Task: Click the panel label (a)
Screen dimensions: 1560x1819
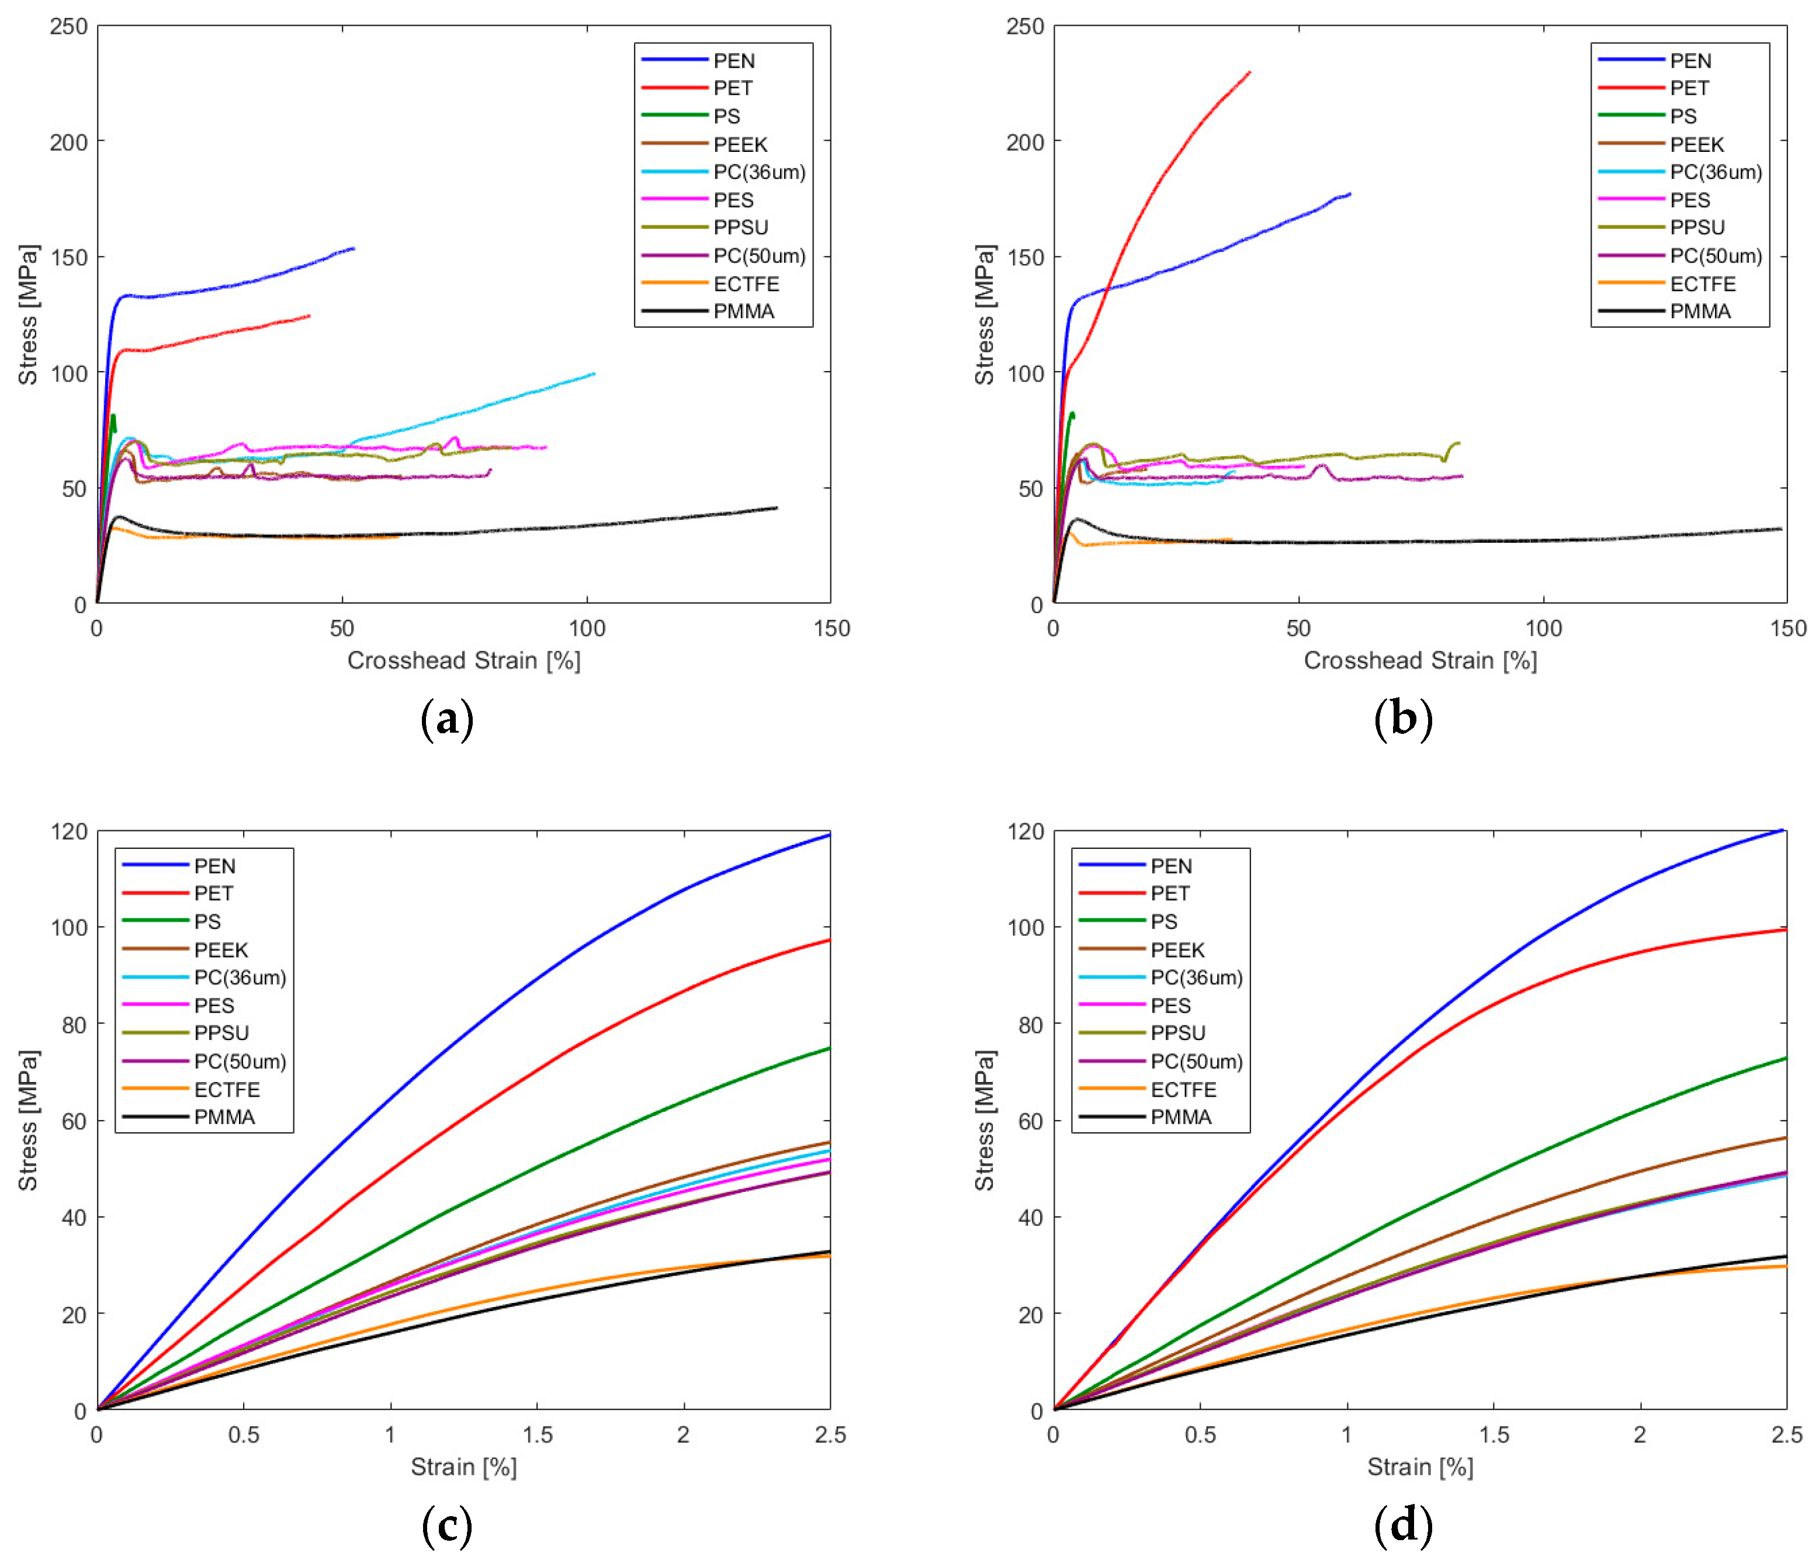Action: [447, 720]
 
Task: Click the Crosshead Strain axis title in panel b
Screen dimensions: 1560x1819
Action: [1419, 660]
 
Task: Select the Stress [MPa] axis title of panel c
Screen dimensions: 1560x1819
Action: [27, 1119]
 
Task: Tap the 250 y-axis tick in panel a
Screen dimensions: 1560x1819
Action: [68, 26]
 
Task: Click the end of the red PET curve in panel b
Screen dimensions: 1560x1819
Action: [1249, 72]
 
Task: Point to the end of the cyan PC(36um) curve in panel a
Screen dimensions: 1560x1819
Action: [594, 373]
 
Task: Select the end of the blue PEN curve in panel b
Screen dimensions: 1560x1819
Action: [1350, 193]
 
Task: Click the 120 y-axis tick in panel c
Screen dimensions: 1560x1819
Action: [68, 831]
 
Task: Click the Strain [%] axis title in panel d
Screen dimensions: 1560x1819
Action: [1419, 1467]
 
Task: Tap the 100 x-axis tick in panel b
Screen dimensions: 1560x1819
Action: [1543, 629]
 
